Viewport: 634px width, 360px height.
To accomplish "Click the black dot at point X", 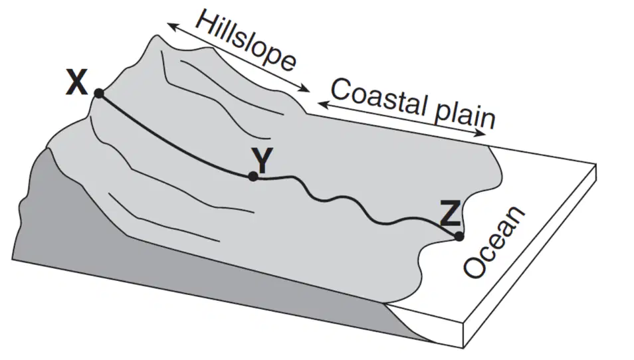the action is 99,94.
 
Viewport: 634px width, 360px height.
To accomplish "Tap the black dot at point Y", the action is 253,176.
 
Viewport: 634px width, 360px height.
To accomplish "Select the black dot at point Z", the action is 459,236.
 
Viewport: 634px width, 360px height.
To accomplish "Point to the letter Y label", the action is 262,159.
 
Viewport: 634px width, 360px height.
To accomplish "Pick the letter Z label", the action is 450,214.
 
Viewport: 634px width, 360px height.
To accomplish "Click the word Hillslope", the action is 246,41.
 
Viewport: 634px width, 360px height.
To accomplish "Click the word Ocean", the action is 494,242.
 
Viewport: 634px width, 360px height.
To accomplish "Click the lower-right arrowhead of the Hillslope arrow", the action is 306,89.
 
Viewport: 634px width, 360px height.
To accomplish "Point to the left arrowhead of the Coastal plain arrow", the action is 323,104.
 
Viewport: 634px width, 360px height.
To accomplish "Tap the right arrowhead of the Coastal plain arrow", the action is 480,134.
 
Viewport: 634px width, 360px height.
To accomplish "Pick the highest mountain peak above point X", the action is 156,37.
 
